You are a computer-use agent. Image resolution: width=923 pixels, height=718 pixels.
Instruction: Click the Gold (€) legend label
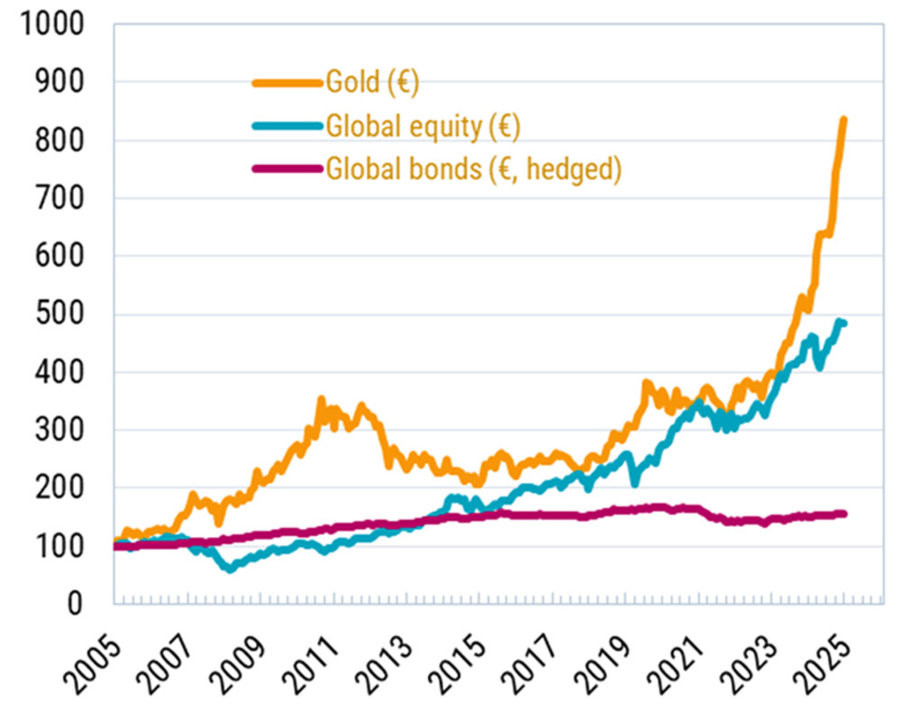coord(372,84)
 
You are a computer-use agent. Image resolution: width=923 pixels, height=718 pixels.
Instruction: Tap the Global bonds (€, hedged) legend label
coord(473,169)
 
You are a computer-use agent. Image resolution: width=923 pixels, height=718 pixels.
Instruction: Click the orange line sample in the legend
coord(287,84)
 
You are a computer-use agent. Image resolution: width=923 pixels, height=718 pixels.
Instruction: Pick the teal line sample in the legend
coord(287,127)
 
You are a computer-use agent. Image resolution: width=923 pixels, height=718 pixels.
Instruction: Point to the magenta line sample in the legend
coord(287,169)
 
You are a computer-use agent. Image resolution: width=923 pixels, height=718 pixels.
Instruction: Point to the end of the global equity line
coord(843,323)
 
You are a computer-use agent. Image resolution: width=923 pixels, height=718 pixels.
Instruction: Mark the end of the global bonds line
coord(843,514)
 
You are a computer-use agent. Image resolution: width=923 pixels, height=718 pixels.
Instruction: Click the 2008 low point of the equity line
coord(231,568)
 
